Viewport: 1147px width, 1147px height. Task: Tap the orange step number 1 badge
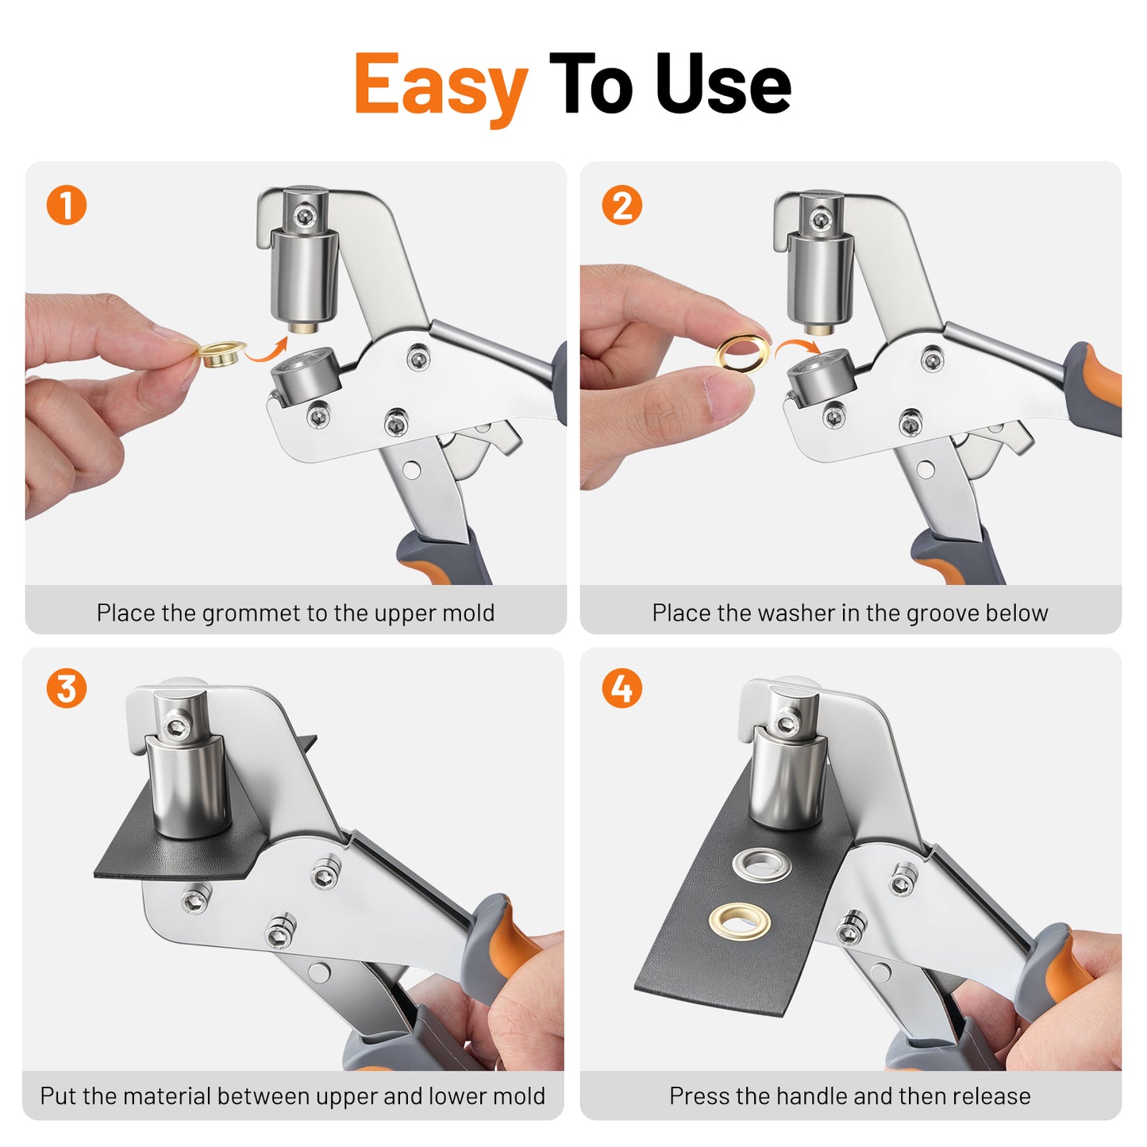tap(67, 206)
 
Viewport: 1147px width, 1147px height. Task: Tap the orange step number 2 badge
tap(622, 206)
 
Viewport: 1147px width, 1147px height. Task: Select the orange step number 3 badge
tap(67, 688)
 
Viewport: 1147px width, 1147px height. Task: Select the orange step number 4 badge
tap(622, 688)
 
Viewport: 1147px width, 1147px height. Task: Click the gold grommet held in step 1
tap(220, 352)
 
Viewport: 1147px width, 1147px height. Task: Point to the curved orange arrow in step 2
tap(796, 348)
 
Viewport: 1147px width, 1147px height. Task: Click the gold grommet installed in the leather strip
tap(740, 921)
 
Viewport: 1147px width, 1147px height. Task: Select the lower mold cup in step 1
tap(306, 375)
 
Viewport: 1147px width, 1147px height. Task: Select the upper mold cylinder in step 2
tap(819, 278)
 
